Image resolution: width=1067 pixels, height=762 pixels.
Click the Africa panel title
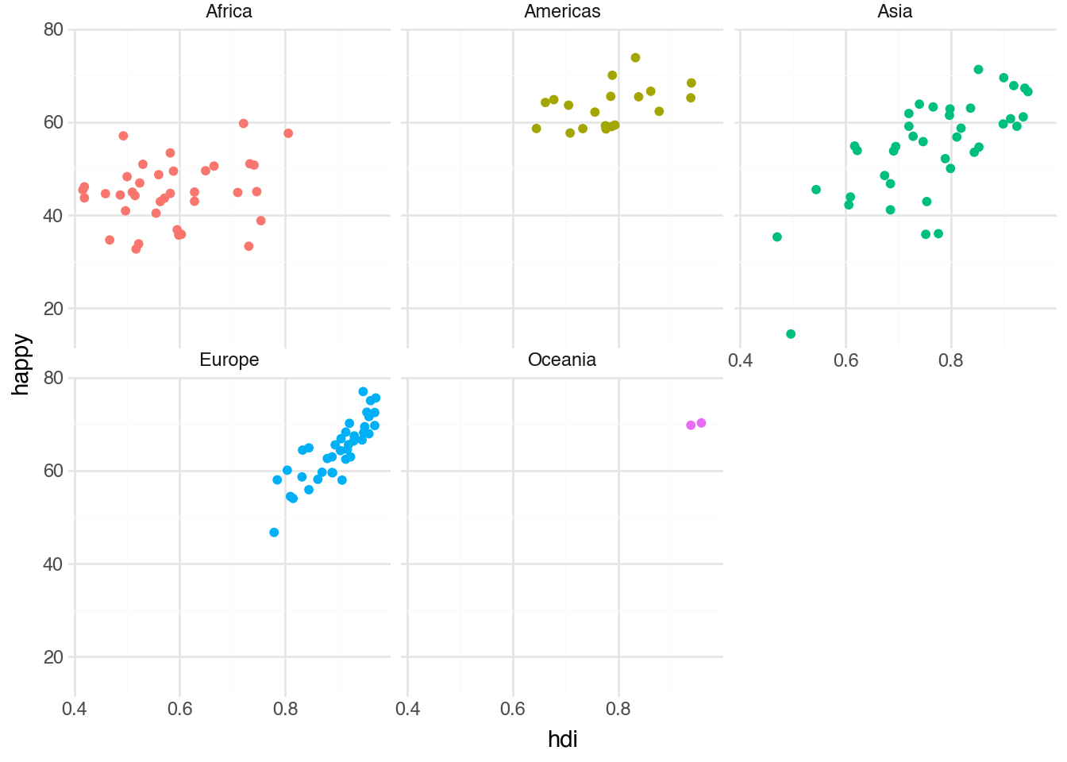(229, 11)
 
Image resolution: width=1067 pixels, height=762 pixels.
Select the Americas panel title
(562, 11)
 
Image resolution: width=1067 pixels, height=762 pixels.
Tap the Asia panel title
(895, 11)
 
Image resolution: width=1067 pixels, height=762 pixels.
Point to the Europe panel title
(229, 360)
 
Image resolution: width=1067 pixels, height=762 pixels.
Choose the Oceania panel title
(562, 360)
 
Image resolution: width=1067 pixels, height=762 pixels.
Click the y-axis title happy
(21, 364)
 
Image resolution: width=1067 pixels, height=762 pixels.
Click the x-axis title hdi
(562, 739)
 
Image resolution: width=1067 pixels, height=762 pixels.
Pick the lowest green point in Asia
(791, 334)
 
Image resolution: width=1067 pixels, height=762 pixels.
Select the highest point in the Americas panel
(635, 58)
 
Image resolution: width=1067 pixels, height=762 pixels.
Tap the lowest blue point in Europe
(274, 533)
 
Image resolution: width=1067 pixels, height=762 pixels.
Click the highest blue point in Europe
(363, 391)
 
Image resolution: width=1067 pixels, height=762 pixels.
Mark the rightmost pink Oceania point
(701, 423)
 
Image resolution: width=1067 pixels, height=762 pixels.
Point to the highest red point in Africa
(244, 123)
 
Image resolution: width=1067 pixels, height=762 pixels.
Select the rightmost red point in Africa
(288, 133)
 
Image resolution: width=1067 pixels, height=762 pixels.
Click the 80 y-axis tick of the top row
(54, 30)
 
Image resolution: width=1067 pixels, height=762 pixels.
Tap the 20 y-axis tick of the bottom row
(54, 657)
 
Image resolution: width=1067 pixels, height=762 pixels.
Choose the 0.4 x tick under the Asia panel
(740, 361)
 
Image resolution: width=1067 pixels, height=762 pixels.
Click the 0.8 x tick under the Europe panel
(285, 709)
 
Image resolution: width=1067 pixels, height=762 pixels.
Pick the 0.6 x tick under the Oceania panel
(513, 709)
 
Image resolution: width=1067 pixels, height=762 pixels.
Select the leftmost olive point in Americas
(536, 129)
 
